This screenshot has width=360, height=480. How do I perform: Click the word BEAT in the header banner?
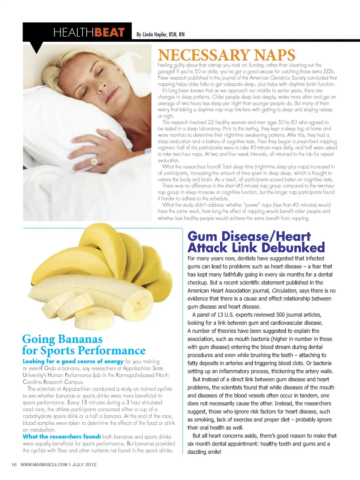point(109,33)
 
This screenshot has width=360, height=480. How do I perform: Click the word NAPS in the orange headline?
point(274,55)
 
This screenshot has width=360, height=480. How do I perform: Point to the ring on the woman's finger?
point(93,161)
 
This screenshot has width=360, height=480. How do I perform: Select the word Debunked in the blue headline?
point(293,248)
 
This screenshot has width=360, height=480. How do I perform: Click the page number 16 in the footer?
point(14,464)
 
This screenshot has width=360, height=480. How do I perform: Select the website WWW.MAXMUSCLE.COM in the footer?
point(44,464)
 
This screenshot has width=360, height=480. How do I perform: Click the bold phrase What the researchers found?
point(62,436)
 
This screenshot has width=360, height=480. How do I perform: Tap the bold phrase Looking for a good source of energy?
point(73,361)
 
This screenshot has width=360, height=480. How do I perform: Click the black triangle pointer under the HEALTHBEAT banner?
point(36,48)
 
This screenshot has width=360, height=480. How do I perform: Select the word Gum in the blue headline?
point(202,236)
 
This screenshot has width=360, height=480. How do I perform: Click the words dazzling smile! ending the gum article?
point(204,452)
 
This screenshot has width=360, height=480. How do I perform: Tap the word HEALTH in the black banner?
point(73,33)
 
